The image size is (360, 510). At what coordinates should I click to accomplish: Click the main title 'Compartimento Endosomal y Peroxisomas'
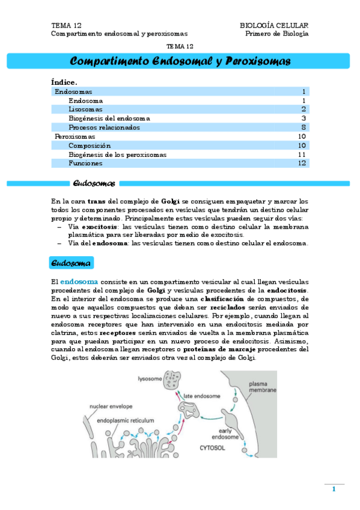point(180,61)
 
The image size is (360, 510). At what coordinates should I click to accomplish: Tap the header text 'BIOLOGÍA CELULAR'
point(274,26)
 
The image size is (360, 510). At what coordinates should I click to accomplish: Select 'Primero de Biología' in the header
point(277,34)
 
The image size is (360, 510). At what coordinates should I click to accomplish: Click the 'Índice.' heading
point(64,82)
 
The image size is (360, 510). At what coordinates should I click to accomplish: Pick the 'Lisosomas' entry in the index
point(85,109)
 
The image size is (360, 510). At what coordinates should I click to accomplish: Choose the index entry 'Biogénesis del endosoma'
point(109,118)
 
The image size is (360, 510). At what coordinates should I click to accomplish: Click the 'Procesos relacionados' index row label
point(104,127)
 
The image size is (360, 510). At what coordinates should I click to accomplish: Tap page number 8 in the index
point(304,127)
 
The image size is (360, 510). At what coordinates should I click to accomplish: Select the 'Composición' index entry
point(90,146)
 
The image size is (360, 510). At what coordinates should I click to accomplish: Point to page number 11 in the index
point(302,155)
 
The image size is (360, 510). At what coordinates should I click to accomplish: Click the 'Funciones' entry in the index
point(85,163)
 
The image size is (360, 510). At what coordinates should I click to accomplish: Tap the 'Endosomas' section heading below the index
point(94,183)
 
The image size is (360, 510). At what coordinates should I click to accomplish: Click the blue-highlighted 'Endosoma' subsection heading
point(71,263)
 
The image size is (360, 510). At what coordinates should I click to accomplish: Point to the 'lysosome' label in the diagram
point(149,379)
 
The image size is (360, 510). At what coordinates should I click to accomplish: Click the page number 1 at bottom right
point(334,489)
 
